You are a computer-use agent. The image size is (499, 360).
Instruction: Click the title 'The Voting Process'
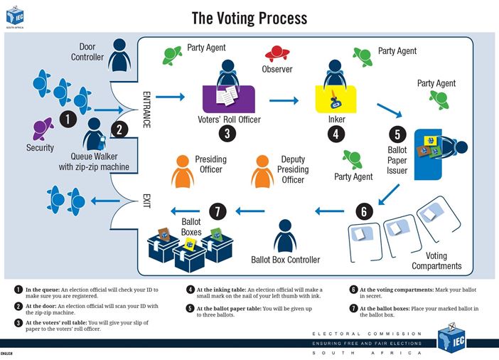249,17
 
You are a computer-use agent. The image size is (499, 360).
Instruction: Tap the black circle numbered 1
67,120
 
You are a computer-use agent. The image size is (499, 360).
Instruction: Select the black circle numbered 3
225,132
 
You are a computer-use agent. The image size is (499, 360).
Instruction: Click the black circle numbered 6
364,211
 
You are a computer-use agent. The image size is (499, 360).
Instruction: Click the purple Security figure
42,129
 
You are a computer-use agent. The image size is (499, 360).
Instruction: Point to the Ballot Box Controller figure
285,235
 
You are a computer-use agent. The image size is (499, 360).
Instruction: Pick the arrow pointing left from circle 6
329,211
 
